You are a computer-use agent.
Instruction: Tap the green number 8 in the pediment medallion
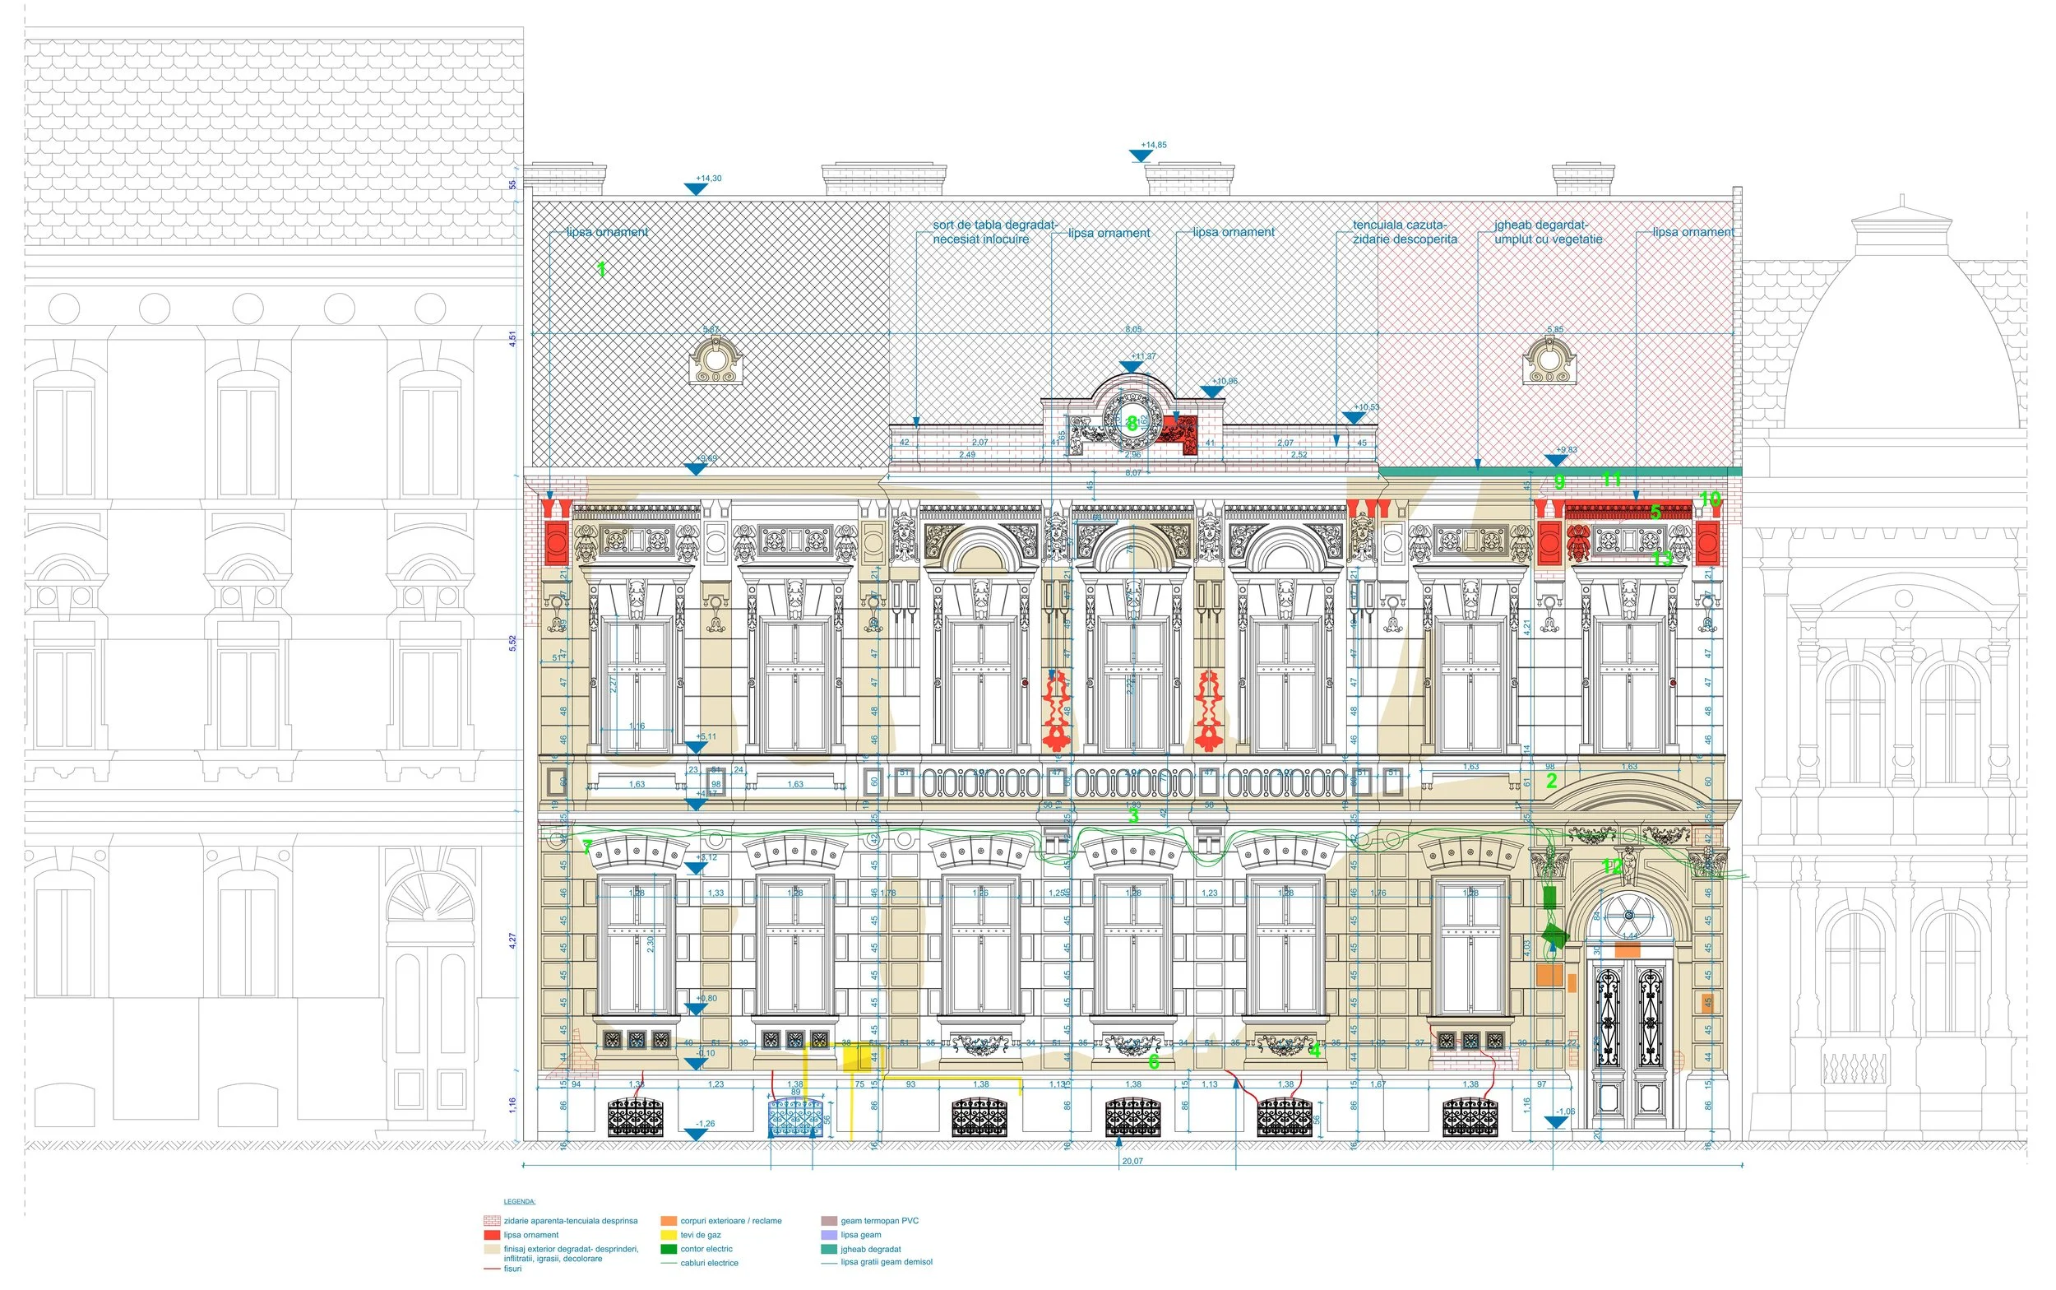coord(1132,423)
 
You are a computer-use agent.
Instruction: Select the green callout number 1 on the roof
coord(601,270)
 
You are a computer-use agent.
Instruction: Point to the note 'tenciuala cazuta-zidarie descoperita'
coord(1404,232)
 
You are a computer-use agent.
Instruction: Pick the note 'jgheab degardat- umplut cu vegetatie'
coord(1547,232)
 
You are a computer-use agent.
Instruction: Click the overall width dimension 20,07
coord(1132,1161)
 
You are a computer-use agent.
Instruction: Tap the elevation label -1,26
coord(706,1124)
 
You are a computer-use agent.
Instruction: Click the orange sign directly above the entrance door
coord(1627,950)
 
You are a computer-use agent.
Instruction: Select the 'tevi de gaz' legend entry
coord(700,1235)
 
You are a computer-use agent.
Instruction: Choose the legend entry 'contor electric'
coord(706,1249)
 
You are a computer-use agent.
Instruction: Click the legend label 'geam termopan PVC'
coord(879,1221)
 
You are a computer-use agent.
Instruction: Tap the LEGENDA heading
coord(519,1201)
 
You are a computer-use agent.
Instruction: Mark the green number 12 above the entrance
coord(1611,867)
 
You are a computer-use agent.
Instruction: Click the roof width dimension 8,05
coord(1132,329)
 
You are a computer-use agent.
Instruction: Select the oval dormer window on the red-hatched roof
coord(1548,361)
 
